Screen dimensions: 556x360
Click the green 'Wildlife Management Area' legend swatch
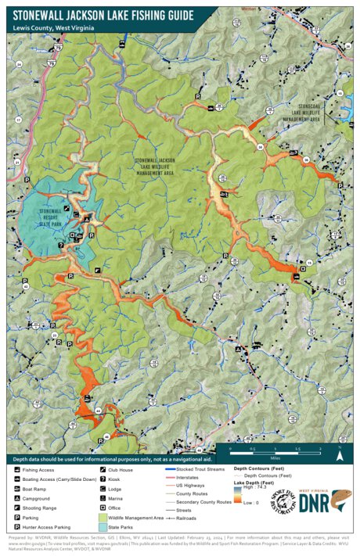click(x=93, y=518)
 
